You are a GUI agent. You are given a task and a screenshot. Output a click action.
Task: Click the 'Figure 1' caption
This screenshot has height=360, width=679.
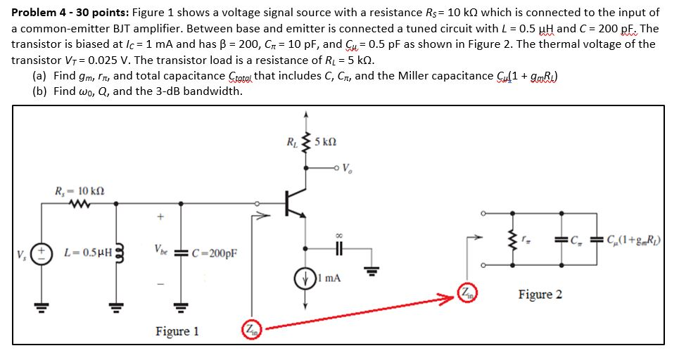(177, 330)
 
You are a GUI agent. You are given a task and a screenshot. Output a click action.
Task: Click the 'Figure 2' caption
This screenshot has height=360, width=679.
(540, 294)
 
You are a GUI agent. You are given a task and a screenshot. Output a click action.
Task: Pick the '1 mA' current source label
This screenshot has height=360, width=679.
(329, 278)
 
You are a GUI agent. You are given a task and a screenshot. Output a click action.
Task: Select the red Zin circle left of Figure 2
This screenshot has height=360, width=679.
(465, 293)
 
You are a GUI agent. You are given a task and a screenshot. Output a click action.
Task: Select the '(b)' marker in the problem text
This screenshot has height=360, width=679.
(41, 91)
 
